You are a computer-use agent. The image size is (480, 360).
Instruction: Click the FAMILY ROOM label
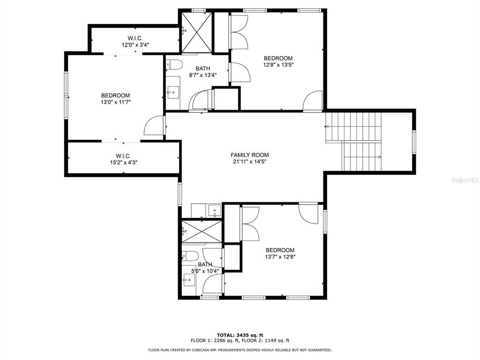point(249,155)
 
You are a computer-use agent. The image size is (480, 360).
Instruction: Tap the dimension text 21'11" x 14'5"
point(249,162)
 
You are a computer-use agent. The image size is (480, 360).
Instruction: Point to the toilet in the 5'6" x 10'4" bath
point(190,255)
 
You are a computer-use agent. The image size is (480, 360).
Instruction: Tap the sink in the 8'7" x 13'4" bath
point(173,91)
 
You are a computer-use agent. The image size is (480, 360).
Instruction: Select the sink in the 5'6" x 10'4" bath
point(189,280)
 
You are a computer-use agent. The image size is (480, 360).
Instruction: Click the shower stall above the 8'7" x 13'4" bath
point(197,32)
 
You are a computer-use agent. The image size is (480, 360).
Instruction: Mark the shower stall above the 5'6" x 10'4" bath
point(202,231)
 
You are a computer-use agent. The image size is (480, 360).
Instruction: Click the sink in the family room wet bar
point(215,210)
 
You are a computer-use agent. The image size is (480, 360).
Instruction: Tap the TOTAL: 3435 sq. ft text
point(240,335)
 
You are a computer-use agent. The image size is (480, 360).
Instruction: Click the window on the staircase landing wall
point(414,142)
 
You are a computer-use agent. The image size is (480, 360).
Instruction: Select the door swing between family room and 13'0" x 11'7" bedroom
point(154,125)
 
